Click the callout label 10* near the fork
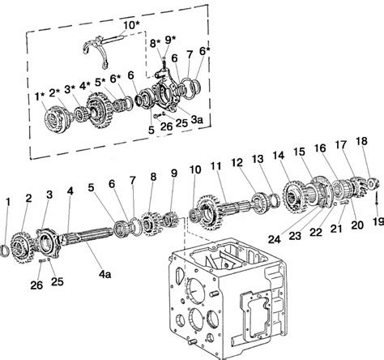click(x=131, y=25)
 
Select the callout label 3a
click(x=197, y=119)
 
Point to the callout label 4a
click(x=105, y=274)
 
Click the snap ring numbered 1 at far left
click(x=5, y=251)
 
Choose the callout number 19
click(x=378, y=221)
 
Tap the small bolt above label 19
click(x=376, y=199)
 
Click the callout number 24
click(x=275, y=239)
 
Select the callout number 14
click(x=279, y=155)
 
